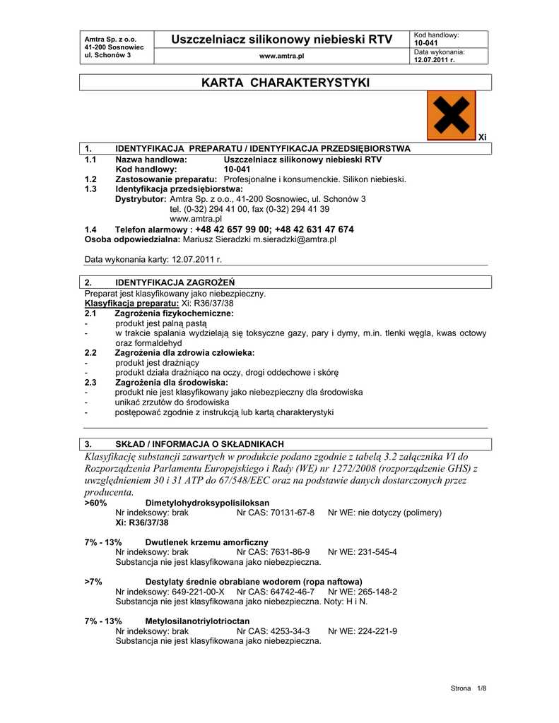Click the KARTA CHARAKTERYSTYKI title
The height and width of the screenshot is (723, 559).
coord(285,83)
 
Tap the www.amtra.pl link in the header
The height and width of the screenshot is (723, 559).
coord(281,55)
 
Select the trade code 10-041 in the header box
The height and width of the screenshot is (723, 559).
coord(426,43)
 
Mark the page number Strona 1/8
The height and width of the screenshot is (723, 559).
coord(469,688)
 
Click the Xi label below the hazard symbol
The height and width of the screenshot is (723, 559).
coord(483,137)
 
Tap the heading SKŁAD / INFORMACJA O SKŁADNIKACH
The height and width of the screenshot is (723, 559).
coord(199,444)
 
